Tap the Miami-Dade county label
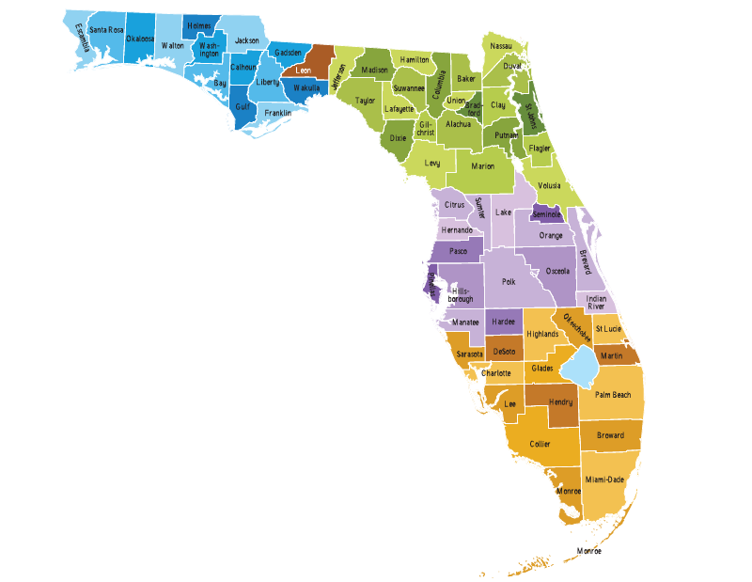[604, 480]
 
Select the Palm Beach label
[613, 395]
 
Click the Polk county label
[509, 281]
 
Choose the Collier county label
[540, 444]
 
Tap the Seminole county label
[546, 214]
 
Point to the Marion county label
[482, 166]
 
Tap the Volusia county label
[549, 186]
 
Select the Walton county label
[172, 45]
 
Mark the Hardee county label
[504, 322]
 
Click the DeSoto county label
[504, 351]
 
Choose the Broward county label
[610, 435]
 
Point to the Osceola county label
[557, 271]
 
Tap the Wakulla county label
[306, 88]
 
